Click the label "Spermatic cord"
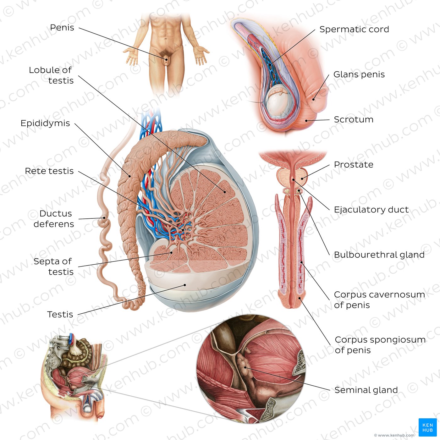(354, 30)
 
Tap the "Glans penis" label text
(359, 74)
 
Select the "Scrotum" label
(354, 119)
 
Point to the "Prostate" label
(354, 164)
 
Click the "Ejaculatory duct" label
(371, 210)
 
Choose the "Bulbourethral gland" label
(379, 255)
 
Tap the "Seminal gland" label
(366, 390)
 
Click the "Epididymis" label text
(45, 123)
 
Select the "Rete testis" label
(49, 171)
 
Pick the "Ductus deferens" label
(54, 219)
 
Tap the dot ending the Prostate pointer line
(302, 179)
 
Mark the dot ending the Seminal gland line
(245, 367)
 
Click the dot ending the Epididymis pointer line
(129, 176)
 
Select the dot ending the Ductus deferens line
(104, 218)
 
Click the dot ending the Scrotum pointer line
(306, 121)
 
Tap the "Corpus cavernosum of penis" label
(379, 300)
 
